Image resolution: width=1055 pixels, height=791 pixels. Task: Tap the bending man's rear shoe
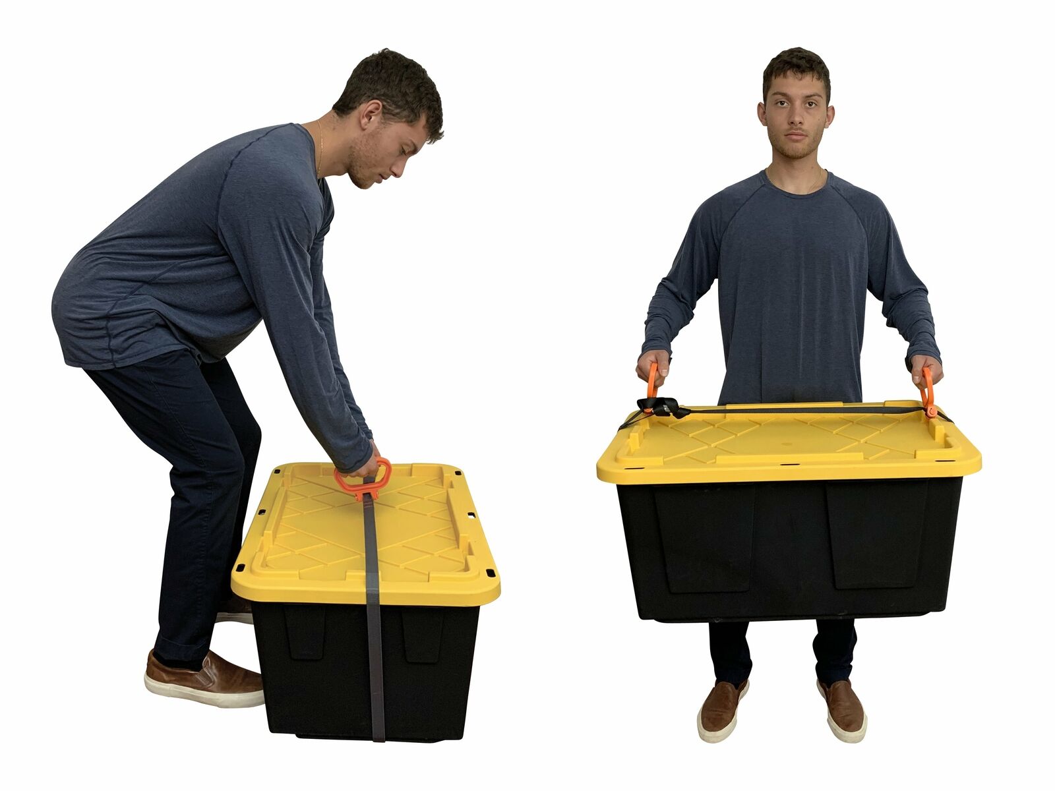pos(204,678)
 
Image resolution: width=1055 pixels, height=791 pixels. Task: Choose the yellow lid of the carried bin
pos(788,442)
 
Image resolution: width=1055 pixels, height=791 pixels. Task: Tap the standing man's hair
pos(797,66)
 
